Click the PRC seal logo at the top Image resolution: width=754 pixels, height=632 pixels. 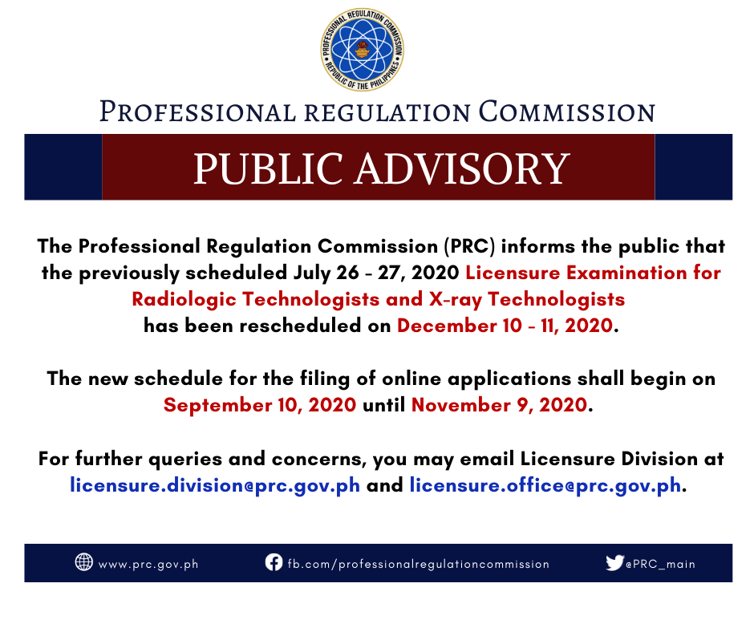363,50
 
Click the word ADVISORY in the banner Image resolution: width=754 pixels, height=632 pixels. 462,168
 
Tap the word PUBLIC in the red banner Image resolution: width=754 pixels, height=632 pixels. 269,168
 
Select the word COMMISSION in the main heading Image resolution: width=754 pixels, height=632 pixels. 566,111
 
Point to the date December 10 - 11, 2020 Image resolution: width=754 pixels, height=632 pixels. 505,326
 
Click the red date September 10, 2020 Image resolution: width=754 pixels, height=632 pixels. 260,405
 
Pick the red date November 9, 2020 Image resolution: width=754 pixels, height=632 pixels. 499,405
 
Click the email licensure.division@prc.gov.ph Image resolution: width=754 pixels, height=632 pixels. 215,485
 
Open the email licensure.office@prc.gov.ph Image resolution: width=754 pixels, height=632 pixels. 545,485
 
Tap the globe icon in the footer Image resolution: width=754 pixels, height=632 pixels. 83,561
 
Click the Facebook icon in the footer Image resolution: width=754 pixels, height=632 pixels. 274,561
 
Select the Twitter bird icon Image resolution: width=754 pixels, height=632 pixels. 614,562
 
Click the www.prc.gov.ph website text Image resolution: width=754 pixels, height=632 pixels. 148,564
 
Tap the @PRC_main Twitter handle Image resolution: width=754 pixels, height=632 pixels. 660,564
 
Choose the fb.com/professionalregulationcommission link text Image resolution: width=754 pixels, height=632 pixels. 419,564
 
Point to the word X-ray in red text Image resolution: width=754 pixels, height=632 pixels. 455,300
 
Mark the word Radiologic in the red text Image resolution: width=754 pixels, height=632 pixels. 184,300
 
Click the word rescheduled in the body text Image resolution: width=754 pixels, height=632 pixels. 301,326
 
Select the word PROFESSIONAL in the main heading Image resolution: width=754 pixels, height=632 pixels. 197,111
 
